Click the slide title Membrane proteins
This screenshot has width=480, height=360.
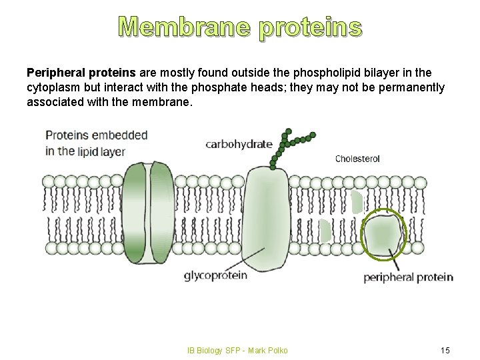(240, 27)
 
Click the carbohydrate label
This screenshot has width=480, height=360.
(239, 143)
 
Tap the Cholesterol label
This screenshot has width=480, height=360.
(357, 159)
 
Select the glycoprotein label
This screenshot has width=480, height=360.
(215, 274)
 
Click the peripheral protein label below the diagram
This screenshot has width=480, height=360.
(408, 277)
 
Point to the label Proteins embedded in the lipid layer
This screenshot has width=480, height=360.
(96, 143)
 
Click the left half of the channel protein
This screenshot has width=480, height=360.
(134, 212)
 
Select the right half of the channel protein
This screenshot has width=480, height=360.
(162, 212)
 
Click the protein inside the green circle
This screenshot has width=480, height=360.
(383, 233)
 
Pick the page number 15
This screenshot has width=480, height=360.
(446, 350)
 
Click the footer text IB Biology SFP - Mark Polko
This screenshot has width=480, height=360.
(237, 350)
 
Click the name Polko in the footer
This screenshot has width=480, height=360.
(277, 350)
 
